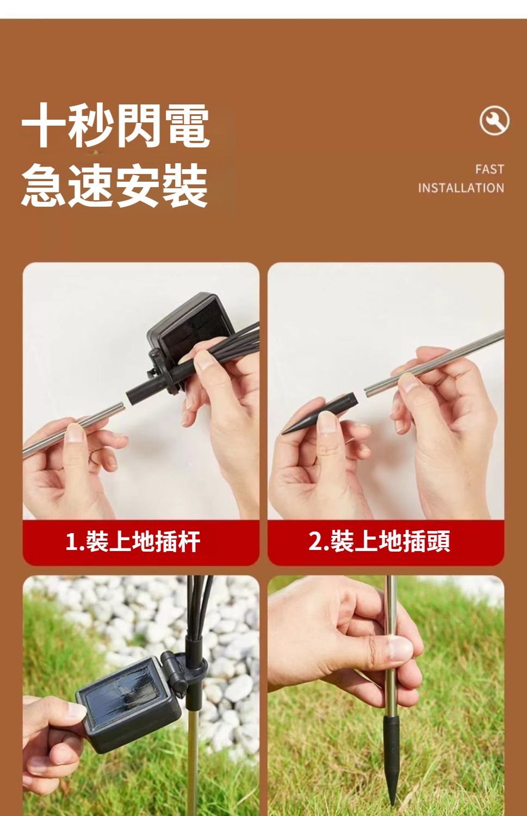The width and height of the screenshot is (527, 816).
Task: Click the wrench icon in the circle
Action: coord(494,121)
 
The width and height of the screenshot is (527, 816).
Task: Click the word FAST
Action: coord(489,169)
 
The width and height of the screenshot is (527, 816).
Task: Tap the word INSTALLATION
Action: coord(461,188)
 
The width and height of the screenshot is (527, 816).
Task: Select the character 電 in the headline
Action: coord(187,125)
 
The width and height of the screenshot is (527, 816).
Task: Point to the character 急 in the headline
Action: coord(44,185)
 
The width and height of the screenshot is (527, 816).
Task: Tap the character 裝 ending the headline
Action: coord(185,185)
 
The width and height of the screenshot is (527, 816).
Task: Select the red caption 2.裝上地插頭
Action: coord(379,541)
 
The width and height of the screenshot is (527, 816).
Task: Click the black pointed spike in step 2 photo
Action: coord(320,413)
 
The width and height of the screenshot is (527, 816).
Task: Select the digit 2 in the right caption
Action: coord(314,541)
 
